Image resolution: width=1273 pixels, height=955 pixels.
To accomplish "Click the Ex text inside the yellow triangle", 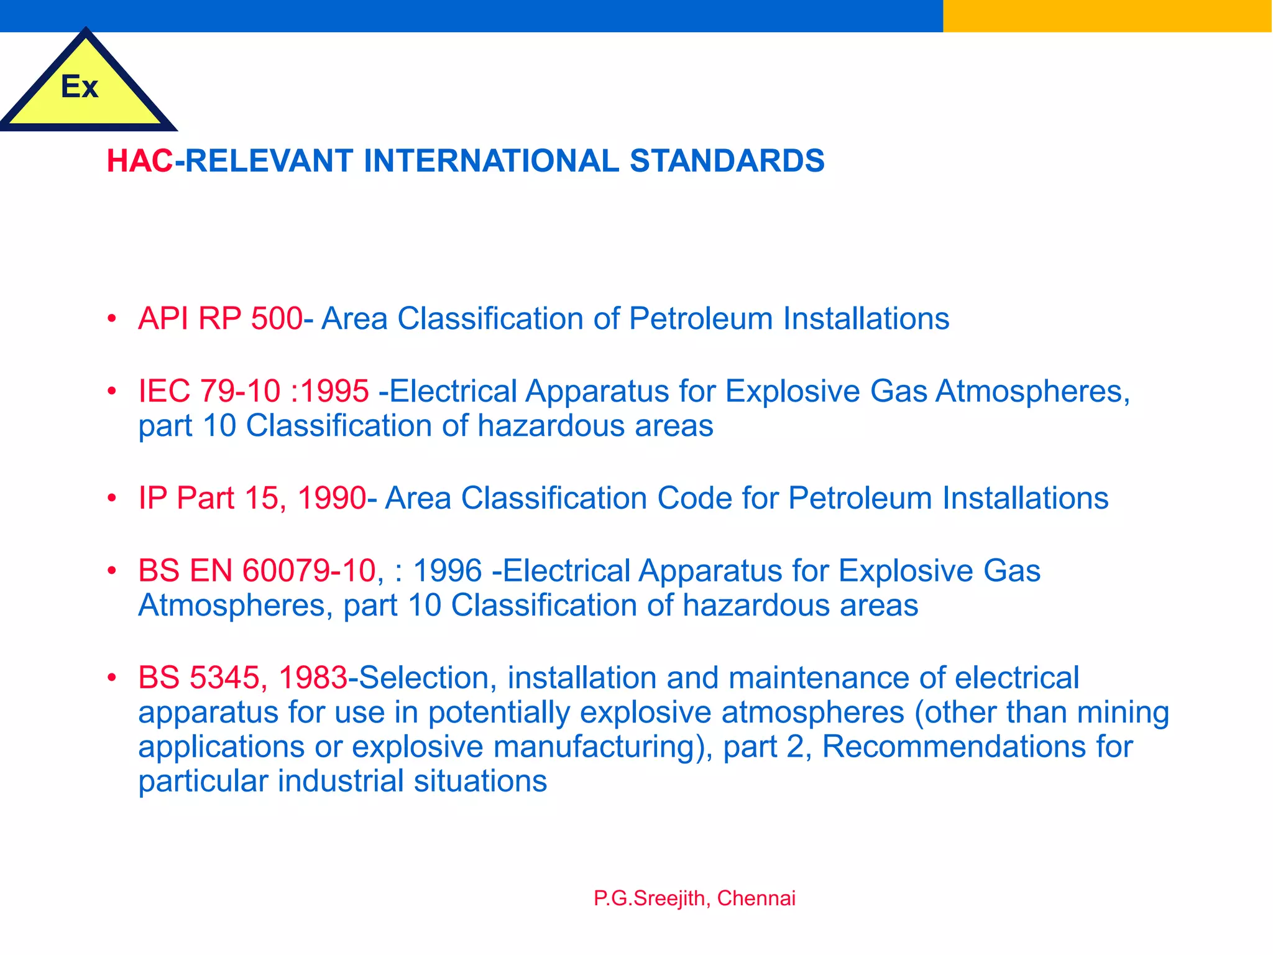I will (80, 86).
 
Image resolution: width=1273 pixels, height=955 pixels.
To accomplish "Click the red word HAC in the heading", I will (139, 161).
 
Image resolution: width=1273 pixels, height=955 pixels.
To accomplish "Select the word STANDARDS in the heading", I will (727, 161).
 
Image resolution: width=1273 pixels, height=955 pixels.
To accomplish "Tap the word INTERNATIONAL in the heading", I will (491, 161).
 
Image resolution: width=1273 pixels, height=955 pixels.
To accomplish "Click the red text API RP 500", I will (220, 318).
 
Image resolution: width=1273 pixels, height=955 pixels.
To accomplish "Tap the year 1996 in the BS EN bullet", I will (448, 571).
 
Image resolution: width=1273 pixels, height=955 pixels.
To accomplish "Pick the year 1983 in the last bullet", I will (313, 678).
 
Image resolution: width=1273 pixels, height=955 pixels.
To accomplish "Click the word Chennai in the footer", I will (756, 898).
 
